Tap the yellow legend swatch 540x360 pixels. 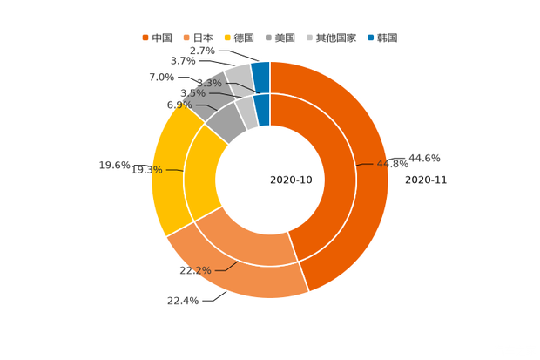228,37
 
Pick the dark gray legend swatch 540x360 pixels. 269,37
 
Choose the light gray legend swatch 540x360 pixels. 310,37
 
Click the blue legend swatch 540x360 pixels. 371,37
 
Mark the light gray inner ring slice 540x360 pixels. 246,111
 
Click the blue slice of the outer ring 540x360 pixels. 260,71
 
